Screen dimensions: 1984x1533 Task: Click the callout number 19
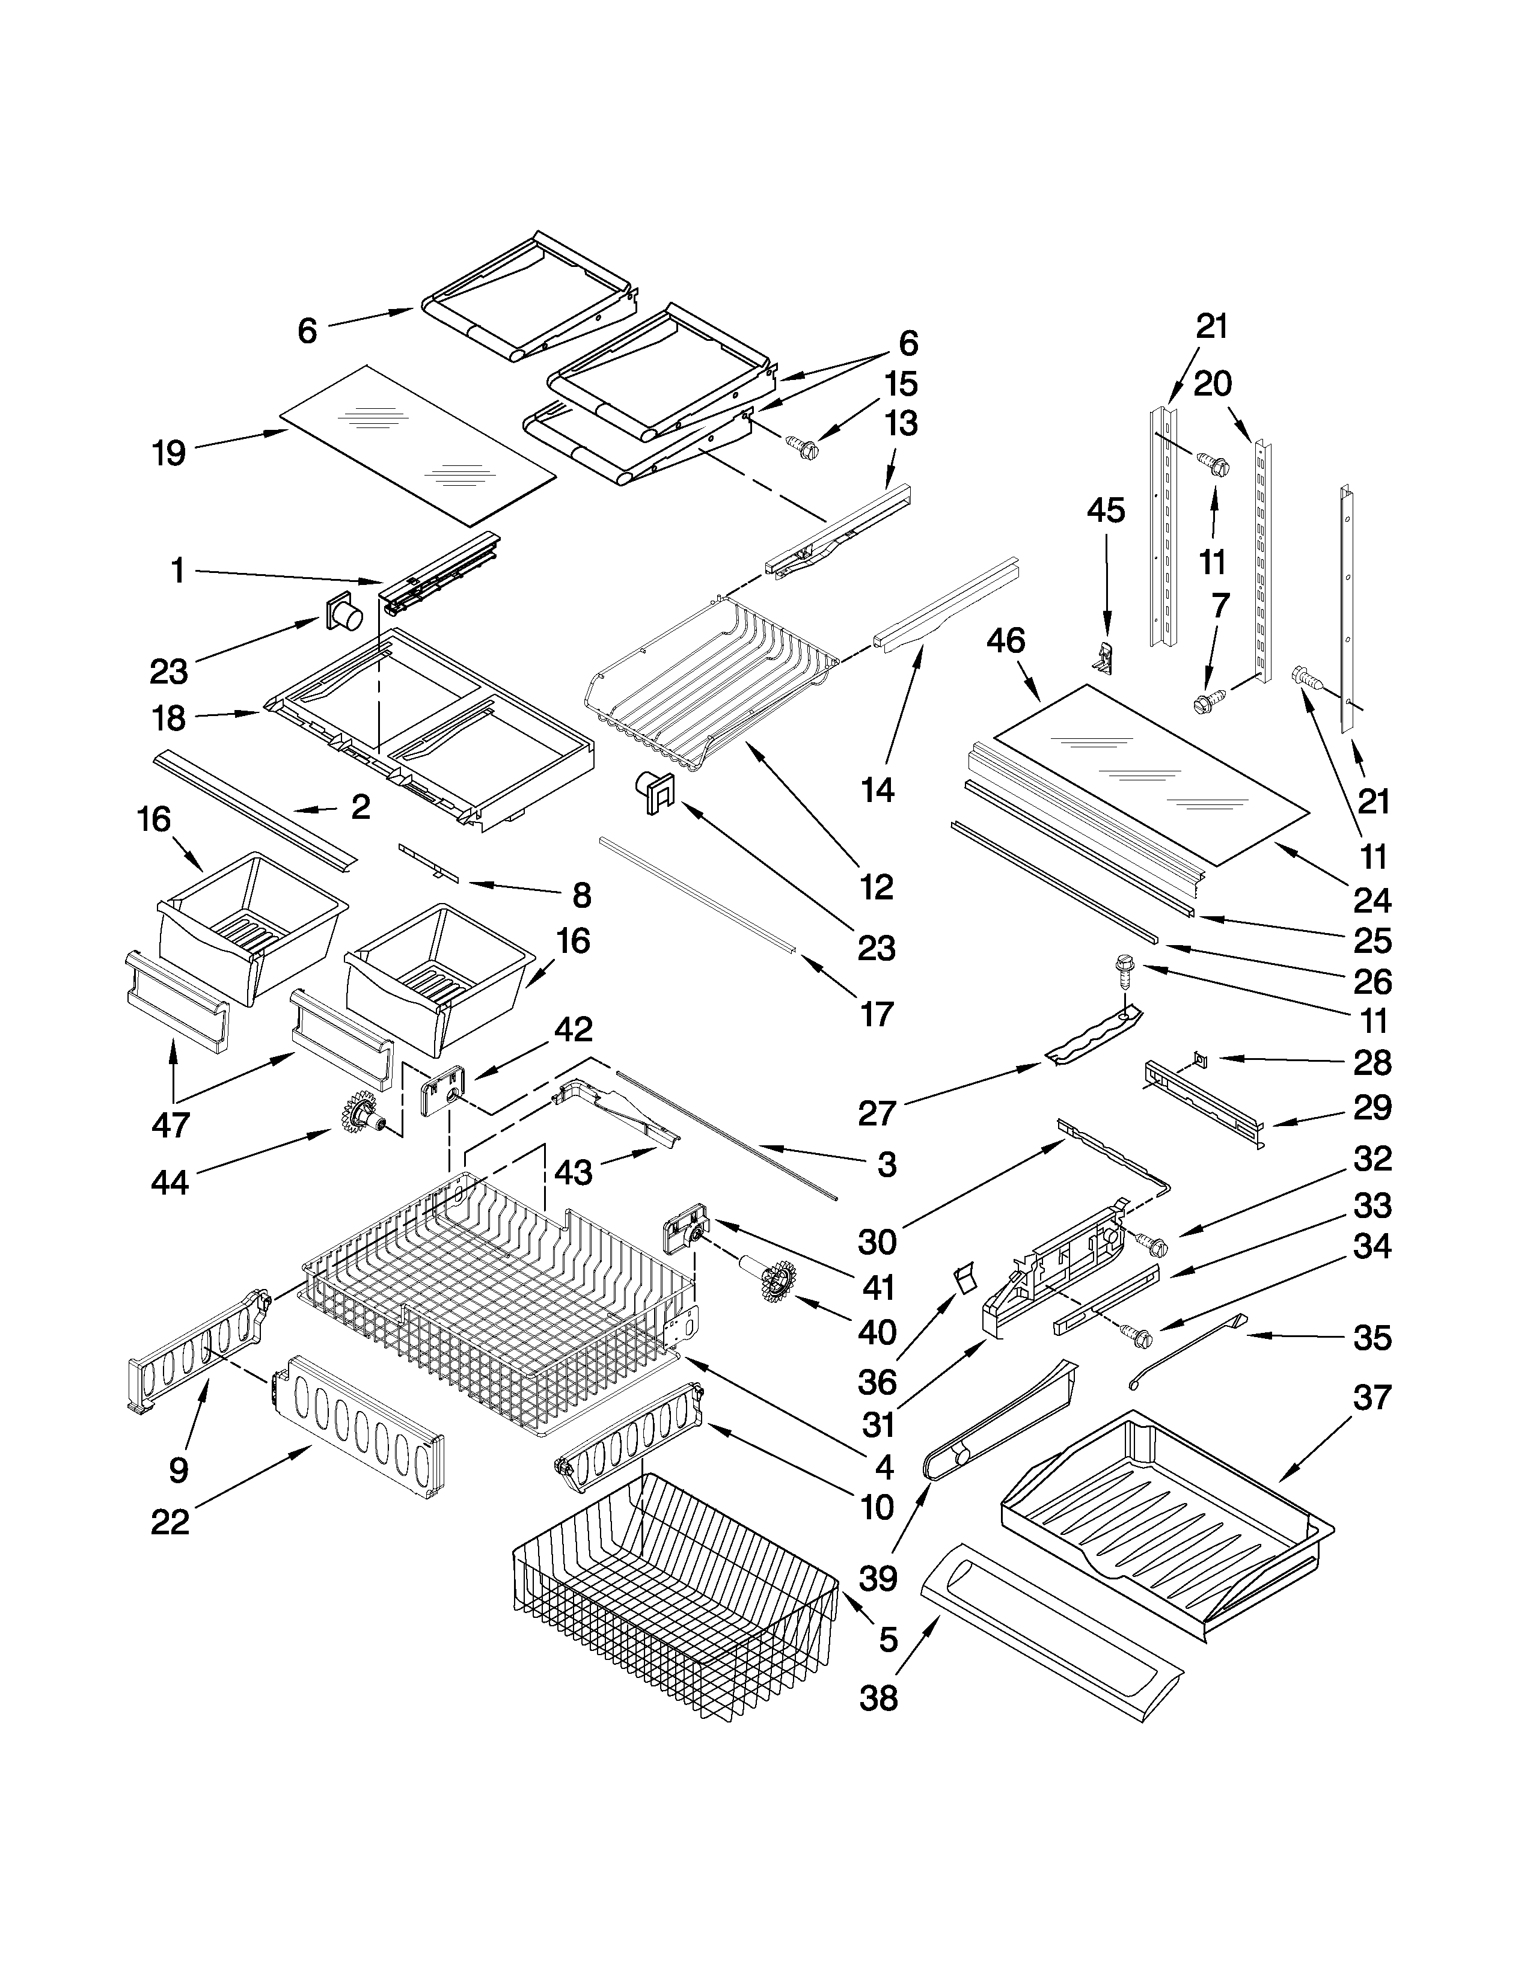point(170,452)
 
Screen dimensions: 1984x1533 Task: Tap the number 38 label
point(878,1697)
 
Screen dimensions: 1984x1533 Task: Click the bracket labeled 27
point(1094,1034)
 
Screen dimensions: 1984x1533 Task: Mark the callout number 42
point(574,1029)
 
